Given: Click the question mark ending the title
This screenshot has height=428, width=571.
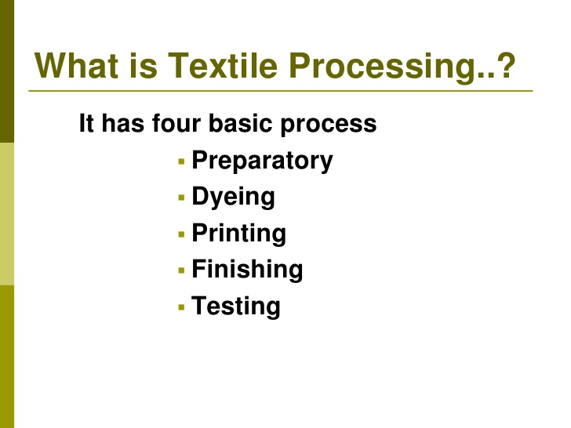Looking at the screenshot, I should coord(507,67).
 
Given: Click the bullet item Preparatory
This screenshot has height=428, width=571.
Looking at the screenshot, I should coord(262,161).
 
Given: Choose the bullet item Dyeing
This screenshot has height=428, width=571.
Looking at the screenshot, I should coord(233,198).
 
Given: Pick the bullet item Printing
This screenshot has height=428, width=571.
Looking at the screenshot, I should coord(238,234).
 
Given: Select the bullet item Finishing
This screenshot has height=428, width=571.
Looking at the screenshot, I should coord(247,270).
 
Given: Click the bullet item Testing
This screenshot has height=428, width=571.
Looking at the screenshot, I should coord(235,306).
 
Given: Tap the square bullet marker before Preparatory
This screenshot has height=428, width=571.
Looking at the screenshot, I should coord(181,162).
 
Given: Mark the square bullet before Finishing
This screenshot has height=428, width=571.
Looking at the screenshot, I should coord(181,270).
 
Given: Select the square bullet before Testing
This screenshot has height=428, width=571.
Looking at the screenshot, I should coord(181,306).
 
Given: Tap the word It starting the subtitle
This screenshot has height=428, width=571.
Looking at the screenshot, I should coord(86,124).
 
